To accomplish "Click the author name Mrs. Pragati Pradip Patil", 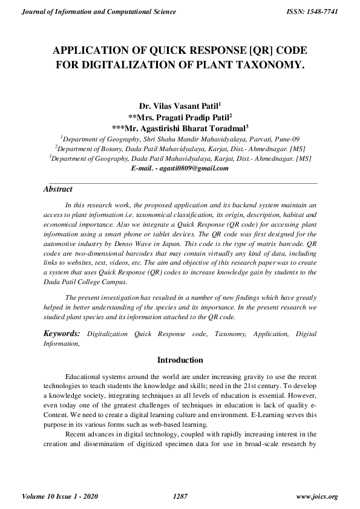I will point(180,117).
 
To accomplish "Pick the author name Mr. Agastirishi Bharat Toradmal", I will point(180,128).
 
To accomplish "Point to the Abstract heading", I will point(58,189).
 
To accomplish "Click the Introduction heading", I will point(180,360).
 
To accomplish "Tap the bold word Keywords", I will point(62,334).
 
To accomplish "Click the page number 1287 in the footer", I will point(180,497).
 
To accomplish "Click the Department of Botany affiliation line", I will point(180,148).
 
